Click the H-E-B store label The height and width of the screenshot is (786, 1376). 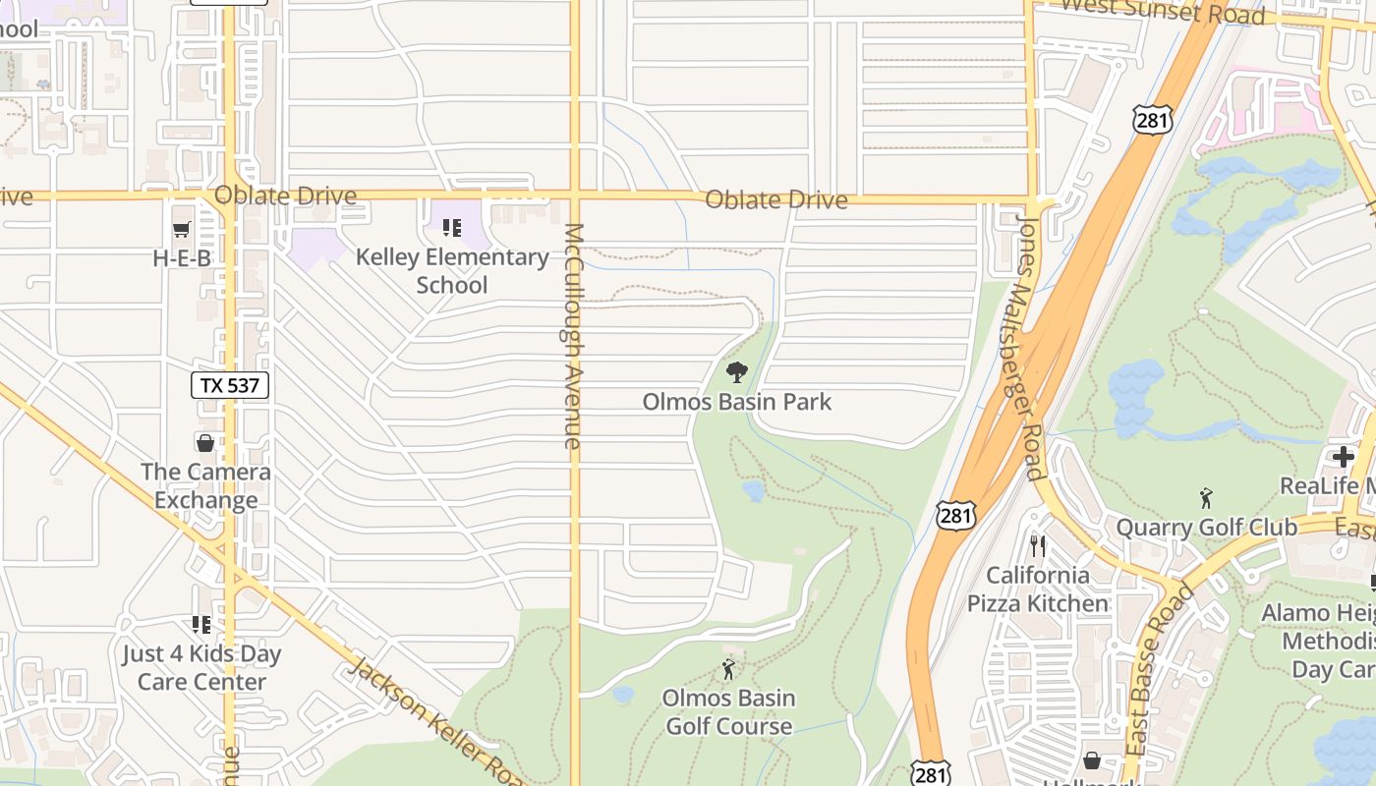pyautogui.click(x=182, y=259)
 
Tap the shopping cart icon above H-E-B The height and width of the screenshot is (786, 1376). pyautogui.click(x=182, y=229)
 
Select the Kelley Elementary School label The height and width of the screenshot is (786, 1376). pyautogui.click(x=452, y=271)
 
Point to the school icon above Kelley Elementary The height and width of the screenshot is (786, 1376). pyautogui.click(x=452, y=228)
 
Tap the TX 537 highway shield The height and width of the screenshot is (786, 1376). pyautogui.click(x=230, y=385)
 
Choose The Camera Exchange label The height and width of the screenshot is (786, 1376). pyautogui.click(x=205, y=486)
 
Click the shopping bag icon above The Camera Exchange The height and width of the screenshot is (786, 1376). pyautogui.click(x=205, y=443)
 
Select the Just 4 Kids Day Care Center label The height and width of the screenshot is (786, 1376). pyautogui.click(x=201, y=668)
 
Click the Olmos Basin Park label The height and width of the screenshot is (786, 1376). pyautogui.click(x=737, y=402)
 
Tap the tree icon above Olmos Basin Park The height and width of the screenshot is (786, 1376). pyautogui.click(x=737, y=372)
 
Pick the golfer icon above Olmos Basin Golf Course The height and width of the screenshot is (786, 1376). pyautogui.click(x=728, y=669)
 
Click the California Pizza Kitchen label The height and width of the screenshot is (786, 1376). pyautogui.click(x=1038, y=589)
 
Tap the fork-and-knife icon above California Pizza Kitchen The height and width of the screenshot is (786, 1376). pyautogui.click(x=1038, y=545)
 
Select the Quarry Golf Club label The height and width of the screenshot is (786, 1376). pyautogui.click(x=1207, y=528)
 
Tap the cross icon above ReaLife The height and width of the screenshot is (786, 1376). pyautogui.click(x=1344, y=457)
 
